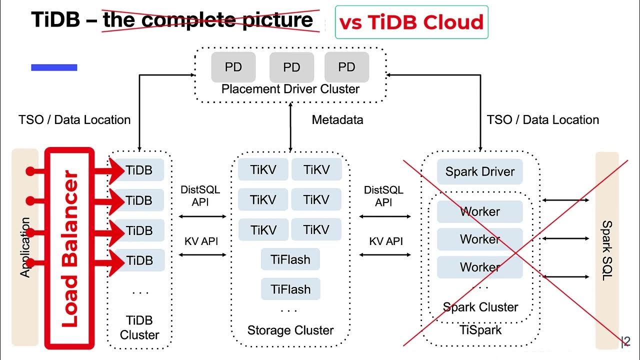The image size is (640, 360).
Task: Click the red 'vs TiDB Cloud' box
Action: coord(411,22)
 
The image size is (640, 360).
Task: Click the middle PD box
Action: coord(291,67)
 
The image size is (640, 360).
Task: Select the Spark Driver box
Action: coord(479,171)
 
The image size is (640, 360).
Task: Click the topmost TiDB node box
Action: coord(139,170)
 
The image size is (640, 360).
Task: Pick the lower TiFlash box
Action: coord(290,289)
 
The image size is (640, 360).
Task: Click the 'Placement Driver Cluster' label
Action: coord(290,89)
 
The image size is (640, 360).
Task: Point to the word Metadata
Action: coord(337,120)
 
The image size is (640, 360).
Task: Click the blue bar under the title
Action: coord(54,67)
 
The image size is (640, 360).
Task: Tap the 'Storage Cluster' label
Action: coord(290,330)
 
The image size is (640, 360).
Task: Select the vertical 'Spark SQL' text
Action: coord(606,250)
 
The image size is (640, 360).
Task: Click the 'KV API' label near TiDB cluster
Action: coord(201,241)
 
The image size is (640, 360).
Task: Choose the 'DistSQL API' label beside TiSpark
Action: coord(383,196)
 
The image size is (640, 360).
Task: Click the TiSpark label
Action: coord(480,330)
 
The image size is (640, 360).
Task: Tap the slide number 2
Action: coord(626,342)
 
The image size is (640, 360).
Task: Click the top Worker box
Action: coord(479,211)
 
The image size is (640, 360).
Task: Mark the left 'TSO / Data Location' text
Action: coord(74,120)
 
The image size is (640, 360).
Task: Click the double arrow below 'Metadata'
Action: coord(290,127)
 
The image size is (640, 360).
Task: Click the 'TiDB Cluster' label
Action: coord(139,327)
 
